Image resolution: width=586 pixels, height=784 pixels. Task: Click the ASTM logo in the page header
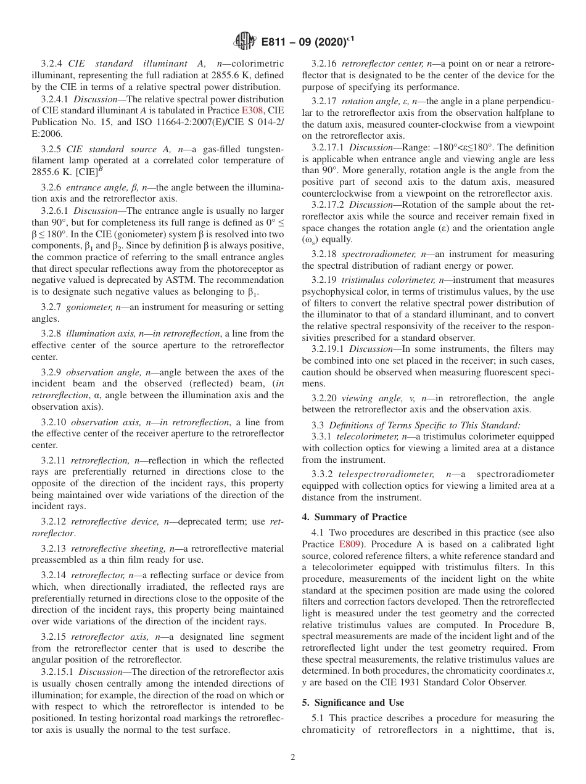(x=246, y=41)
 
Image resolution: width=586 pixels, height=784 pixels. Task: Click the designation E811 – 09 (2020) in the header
(x=308, y=42)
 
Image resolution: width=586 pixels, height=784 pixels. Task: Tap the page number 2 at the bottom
(x=293, y=757)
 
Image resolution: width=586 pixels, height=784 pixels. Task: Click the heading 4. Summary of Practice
(x=354, y=517)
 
